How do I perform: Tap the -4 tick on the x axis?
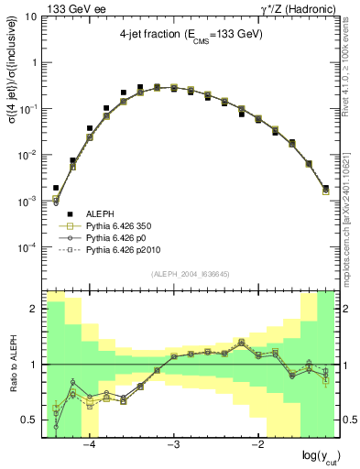(x=90, y=445)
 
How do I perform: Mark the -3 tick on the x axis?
(x=174, y=445)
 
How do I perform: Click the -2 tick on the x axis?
(x=257, y=445)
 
